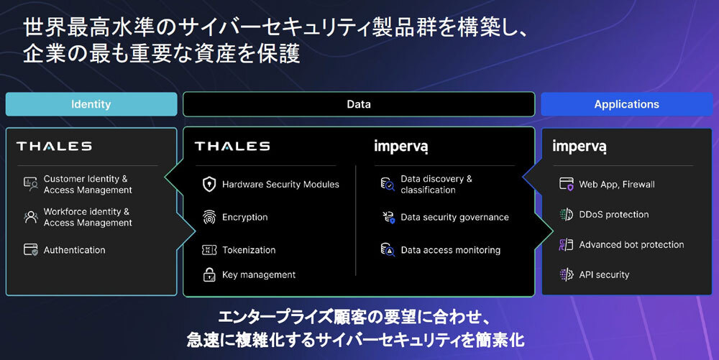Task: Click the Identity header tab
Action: tap(91, 104)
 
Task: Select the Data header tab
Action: tap(359, 104)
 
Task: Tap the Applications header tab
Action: tap(626, 104)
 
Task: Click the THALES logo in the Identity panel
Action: tap(54, 146)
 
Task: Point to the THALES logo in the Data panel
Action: tap(232, 146)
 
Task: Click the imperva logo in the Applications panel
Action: tap(579, 147)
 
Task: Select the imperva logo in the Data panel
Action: tap(400, 147)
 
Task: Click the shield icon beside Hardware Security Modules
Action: tap(209, 184)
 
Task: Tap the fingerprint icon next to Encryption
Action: tap(209, 217)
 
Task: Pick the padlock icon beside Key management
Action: tap(209, 274)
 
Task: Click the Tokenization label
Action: tap(249, 250)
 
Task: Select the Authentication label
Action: tap(74, 250)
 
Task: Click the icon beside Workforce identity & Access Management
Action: tap(31, 216)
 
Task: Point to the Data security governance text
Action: tap(455, 217)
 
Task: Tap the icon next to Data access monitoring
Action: tap(388, 249)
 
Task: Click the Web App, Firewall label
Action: tap(617, 184)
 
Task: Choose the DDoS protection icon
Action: tap(567, 214)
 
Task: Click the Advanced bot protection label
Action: tap(631, 244)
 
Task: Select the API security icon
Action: tap(567, 274)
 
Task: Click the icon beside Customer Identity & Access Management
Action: tap(31, 184)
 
